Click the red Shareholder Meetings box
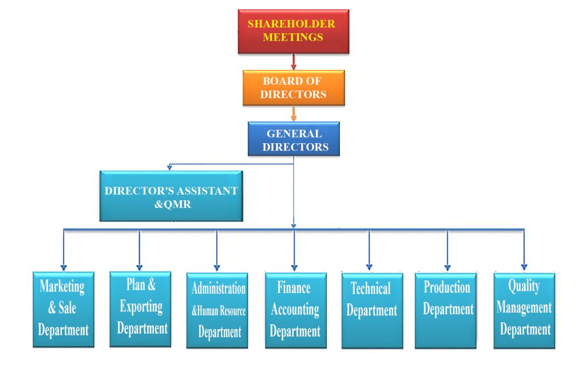click(293, 31)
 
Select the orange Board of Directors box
click(293, 88)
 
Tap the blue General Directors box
click(294, 139)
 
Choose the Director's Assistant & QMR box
click(171, 196)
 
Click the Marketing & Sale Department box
click(63, 309)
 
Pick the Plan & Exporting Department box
click(140, 309)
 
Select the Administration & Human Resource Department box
click(217, 310)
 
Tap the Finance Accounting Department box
click(295, 310)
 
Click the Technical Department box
click(371, 310)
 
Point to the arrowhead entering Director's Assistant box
click(169, 168)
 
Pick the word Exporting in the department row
click(141, 306)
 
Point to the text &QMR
click(171, 203)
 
